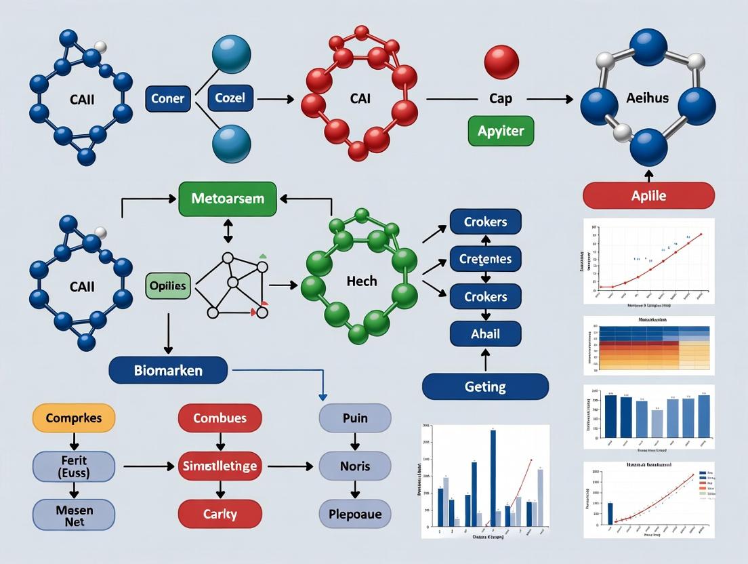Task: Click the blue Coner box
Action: click(x=167, y=98)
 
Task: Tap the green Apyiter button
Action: click(x=501, y=130)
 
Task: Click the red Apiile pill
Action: click(x=648, y=196)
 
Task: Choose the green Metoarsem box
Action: click(x=227, y=199)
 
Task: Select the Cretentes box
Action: click(x=485, y=259)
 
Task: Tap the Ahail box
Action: click(x=485, y=334)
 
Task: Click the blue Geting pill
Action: click(x=485, y=386)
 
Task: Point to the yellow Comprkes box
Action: click(x=73, y=418)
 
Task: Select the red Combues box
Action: click(x=220, y=418)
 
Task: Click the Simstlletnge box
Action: click(x=220, y=466)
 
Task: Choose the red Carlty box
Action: click(x=220, y=514)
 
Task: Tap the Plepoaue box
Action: click(x=354, y=514)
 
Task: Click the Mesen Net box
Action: click(x=66, y=514)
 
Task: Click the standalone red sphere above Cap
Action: click(x=501, y=62)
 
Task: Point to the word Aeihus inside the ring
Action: click(x=647, y=98)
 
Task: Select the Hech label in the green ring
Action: click(x=361, y=281)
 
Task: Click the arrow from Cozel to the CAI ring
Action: click(x=275, y=99)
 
